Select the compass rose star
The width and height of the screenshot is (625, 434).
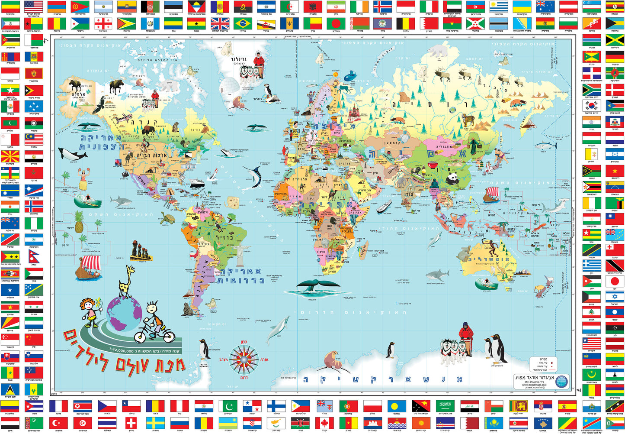pos(244,360)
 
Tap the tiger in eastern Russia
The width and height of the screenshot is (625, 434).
pos(468,120)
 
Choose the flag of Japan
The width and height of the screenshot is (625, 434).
pos(614,281)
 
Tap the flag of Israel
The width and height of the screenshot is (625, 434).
pos(614,297)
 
